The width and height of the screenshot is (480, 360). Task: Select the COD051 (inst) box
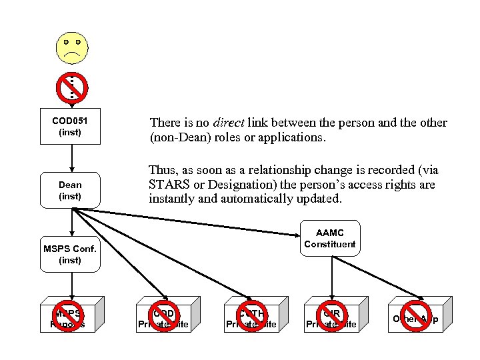tap(71, 126)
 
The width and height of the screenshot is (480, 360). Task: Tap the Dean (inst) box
tap(71, 190)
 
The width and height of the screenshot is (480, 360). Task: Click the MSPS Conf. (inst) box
tap(71, 254)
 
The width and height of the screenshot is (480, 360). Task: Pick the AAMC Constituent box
tap(329, 238)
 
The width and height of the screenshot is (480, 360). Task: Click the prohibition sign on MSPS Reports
tap(71, 313)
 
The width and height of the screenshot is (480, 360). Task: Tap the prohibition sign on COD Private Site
tap(163, 313)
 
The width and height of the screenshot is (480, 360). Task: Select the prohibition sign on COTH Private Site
tap(251, 313)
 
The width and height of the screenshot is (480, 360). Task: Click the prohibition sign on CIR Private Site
tap(331, 313)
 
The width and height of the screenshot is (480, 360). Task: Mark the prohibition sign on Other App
tap(416, 313)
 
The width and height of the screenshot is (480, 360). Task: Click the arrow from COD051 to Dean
tap(71, 159)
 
